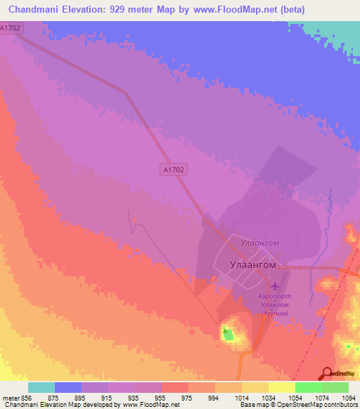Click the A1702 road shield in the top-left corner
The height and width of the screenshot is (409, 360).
click(x=11, y=27)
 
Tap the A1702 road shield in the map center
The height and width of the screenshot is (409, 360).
click(x=174, y=169)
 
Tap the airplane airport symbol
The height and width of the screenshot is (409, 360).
click(x=274, y=286)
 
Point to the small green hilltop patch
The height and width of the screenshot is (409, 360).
click(x=227, y=333)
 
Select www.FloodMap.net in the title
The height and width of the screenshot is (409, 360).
click(x=267, y=10)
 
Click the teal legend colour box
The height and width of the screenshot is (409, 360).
click(x=41, y=387)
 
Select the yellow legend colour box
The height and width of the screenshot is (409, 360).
click(x=281, y=387)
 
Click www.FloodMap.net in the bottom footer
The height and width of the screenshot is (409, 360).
click(x=150, y=405)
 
